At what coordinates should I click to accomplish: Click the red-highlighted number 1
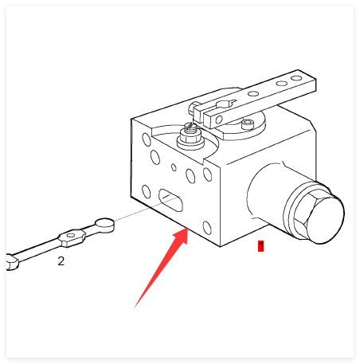point(260,246)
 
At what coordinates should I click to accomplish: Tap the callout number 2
point(61,261)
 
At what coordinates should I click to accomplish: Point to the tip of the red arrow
point(188,228)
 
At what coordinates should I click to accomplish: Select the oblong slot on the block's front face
point(170,200)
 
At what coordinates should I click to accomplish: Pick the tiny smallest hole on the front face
point(174,167)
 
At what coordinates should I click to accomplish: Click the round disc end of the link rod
point(105,225)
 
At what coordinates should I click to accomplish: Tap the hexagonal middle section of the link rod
point(72,237)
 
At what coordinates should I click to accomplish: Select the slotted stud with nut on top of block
point(190,135)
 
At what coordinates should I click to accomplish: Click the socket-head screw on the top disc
point(248,123)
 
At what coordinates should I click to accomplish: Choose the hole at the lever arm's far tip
point(296,78)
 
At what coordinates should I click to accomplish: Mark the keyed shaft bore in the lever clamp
point(225,104)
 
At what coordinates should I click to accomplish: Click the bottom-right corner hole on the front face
point(207,228)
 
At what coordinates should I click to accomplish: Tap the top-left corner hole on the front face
point(147,139)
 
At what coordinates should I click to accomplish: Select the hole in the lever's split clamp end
point(219,119)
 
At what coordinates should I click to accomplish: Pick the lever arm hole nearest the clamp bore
point(253,93)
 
